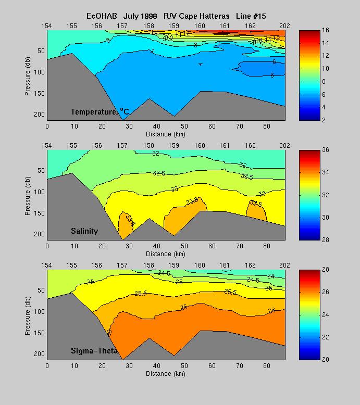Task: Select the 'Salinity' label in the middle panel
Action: click(x=84, y=231)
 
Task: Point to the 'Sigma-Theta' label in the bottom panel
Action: click(x=92, y=351)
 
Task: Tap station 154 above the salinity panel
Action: click(x=47, y=145)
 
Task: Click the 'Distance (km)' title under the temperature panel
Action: click(x=166, y=134)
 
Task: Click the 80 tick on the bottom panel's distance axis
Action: click(x=267, y=366)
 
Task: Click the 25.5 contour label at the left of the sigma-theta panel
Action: click(x=140, y=293)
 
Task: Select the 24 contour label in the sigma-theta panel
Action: click(x=270, y=276)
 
